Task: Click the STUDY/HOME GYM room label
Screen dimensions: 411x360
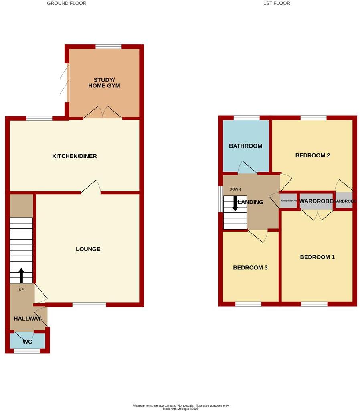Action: [x=104, y=82]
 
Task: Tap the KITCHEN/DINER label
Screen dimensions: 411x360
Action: [x=75, y=156]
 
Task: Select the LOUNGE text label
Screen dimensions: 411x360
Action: [x=88, y=249]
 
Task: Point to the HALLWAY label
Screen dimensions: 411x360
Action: [x=28, y=319]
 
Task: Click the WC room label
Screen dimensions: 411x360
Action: [x=28, y=342]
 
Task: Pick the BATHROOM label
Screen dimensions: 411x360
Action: [x=246, y=146]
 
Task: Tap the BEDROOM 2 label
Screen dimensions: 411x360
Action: [x=313, y=155]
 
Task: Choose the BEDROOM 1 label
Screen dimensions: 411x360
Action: [x=318, y=257]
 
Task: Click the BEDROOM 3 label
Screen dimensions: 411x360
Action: [x=251, y=268]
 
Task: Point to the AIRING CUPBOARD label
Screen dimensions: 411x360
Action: [x=289, y=201]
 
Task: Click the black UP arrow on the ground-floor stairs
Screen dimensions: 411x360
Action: [x=21, y=275]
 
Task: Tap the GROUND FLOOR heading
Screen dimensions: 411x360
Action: [x=67, y=3]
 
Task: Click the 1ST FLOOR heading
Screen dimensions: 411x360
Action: [x=277, y=3]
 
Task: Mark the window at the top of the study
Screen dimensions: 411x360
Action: [x=108, y=47]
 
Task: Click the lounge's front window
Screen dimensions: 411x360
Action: [x=89, y=305]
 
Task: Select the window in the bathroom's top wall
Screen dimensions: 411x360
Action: [x=247, y=118]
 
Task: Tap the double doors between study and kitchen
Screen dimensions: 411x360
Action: [x=103, y=113]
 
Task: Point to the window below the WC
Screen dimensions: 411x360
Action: [x=27, y=351]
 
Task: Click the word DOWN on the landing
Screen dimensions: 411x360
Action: [x=235, y=189]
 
